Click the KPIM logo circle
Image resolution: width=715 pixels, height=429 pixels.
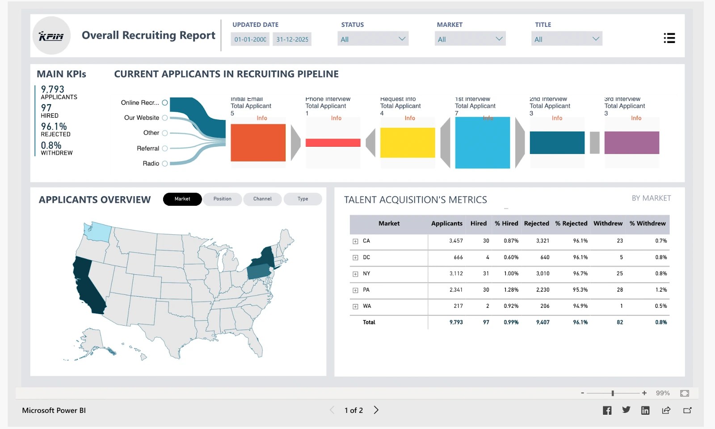pos(51,36)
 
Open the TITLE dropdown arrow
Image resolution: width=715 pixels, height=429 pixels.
pos(595,39)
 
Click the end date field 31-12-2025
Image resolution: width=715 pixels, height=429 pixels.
pos(292,39)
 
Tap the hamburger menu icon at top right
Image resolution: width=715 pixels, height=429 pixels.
pos(669,38)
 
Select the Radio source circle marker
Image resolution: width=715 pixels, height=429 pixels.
pos(165,164)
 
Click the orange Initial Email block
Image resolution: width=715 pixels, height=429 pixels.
pos(258,142)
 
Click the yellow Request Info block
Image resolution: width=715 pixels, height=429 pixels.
pos(407,142)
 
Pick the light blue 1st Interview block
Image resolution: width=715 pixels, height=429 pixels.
pos(482,142)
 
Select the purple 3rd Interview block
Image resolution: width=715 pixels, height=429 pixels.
pos(631,142)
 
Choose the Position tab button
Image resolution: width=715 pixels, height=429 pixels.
pos(222,199)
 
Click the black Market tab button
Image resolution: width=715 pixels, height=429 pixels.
pos(182,199)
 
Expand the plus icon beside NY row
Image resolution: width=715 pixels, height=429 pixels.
pos(355,274)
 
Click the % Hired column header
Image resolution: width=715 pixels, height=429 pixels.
pos(506,224)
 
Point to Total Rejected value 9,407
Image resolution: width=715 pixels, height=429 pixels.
pos(543,323)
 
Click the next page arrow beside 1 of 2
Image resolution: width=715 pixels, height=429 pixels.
pos(376,410)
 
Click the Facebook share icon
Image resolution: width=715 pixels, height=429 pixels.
pos(607,410)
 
